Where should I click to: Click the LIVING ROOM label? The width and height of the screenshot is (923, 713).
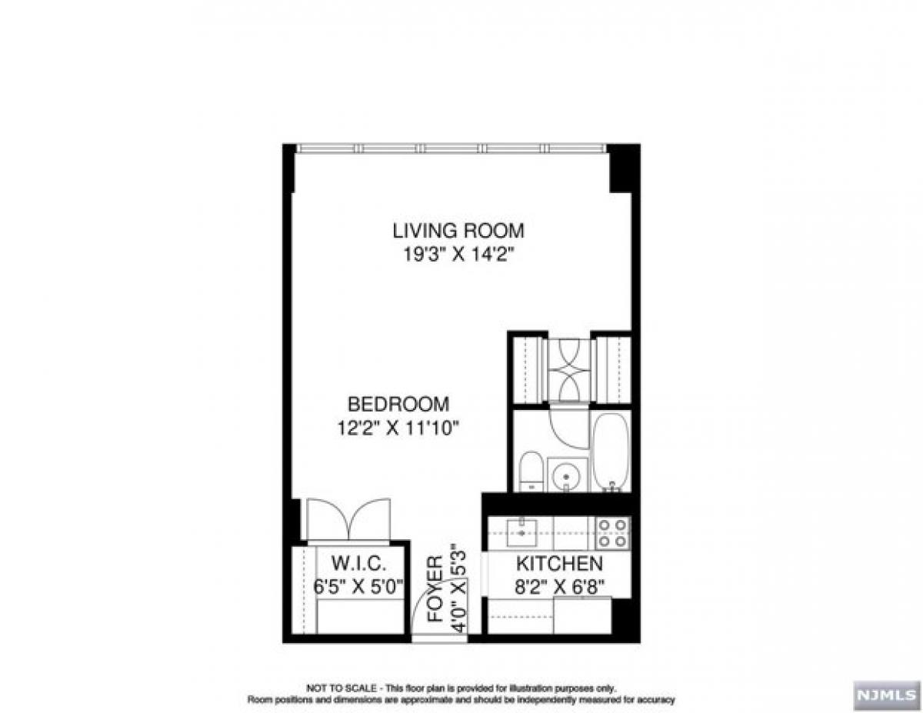pos(458,230)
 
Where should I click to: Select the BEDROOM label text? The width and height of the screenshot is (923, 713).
pos(398,404)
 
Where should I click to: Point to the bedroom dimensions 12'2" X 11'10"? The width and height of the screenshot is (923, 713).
pos(398,428)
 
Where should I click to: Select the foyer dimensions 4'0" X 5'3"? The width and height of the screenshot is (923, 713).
pos(459,588)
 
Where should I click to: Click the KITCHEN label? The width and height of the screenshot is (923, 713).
pos(558,562)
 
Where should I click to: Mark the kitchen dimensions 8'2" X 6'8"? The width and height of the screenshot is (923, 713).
pos(558,585)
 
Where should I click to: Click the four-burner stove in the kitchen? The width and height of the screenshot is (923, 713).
pos(612,532)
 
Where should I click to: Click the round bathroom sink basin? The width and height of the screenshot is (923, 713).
pos(567,475)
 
